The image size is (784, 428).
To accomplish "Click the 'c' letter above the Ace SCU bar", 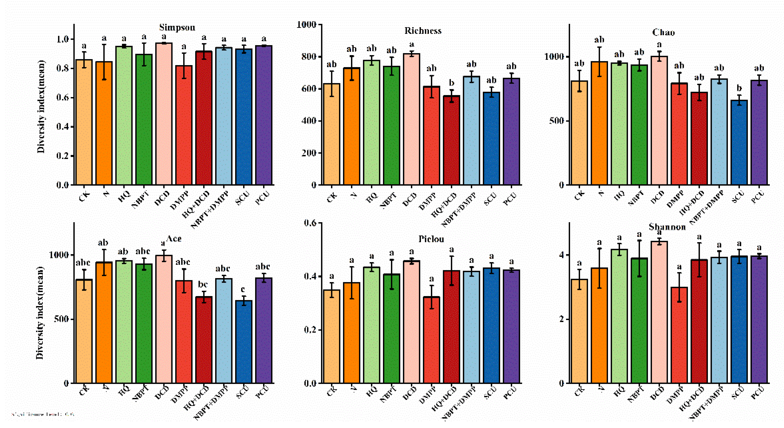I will click(243, 289).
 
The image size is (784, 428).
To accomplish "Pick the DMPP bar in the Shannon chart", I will click(679, 335).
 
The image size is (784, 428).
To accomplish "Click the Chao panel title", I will click(663, 32).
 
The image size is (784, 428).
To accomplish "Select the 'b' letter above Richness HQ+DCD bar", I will click(452, 83).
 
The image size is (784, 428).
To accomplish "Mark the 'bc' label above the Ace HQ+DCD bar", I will click(203, 284).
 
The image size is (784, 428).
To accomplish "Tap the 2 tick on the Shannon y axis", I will click(562, 319).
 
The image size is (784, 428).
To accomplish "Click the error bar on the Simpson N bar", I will click(104, 62).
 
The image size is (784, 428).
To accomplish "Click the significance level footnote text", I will click(43, 414).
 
